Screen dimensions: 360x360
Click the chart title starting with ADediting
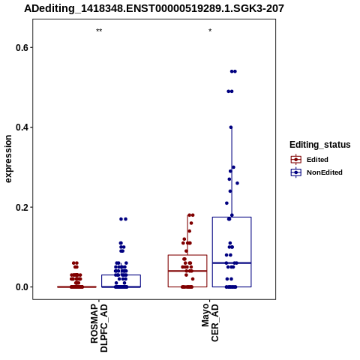click(154, 8)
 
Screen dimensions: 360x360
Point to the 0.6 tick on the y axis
click(21, 47)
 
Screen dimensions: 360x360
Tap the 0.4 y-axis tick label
click(21, 127)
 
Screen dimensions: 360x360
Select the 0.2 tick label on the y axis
click(21, 207)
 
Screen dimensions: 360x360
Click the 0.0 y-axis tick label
click(21, 287)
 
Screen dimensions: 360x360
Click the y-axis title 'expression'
click(8, 159)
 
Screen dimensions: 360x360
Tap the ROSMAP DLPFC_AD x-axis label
click(99, 328)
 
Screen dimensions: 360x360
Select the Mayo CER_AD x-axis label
click(210, 322)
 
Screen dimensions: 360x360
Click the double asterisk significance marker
click(99, 31)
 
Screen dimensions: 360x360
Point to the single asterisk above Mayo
click(210, 31)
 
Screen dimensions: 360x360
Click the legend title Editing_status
click(320, 145)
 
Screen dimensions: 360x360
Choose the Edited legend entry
click(310, 160)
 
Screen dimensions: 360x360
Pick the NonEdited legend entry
click(316, 172)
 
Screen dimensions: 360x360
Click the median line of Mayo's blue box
click(232, 263)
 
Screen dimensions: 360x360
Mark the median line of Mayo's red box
click(187, 271)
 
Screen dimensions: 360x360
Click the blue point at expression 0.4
click(231, 127)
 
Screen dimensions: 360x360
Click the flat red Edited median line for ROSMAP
click(76, 287)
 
